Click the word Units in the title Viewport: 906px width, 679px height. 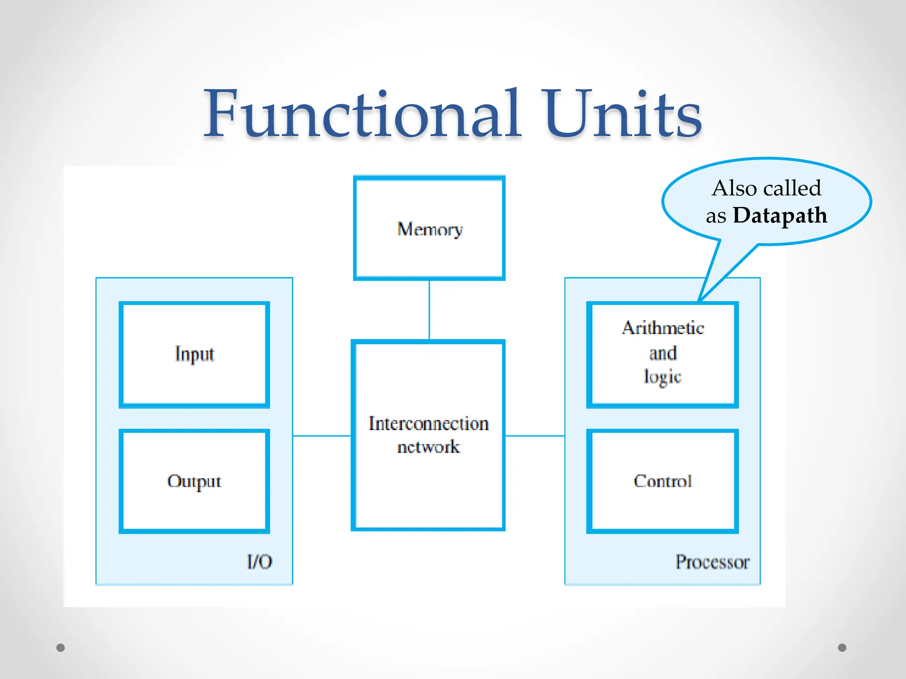tap(623, 114)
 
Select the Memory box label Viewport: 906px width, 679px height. tap(430, 229)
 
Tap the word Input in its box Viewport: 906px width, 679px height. tap(194, 354)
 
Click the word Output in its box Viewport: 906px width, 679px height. tap(194, 481)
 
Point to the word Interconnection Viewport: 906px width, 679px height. tap(429, 423)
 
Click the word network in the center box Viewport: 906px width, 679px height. tap(428, 447)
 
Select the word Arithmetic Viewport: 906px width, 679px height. tap(663, 328)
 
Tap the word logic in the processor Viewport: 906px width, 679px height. tap(662, 377)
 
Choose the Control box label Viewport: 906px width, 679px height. tap(662, 481)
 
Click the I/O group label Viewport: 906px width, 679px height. tap(259, 562)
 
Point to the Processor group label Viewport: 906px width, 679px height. tap(712, 562)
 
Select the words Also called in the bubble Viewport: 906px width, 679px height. tap(767, 188)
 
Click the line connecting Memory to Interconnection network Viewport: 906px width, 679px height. tap(429, 309)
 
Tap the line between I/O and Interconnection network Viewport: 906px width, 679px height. tap(322, 436)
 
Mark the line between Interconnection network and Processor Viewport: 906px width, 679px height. tap(534, 436)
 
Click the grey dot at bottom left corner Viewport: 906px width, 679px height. tap(61, 648)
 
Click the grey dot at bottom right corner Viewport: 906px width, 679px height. tap(842, 648)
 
